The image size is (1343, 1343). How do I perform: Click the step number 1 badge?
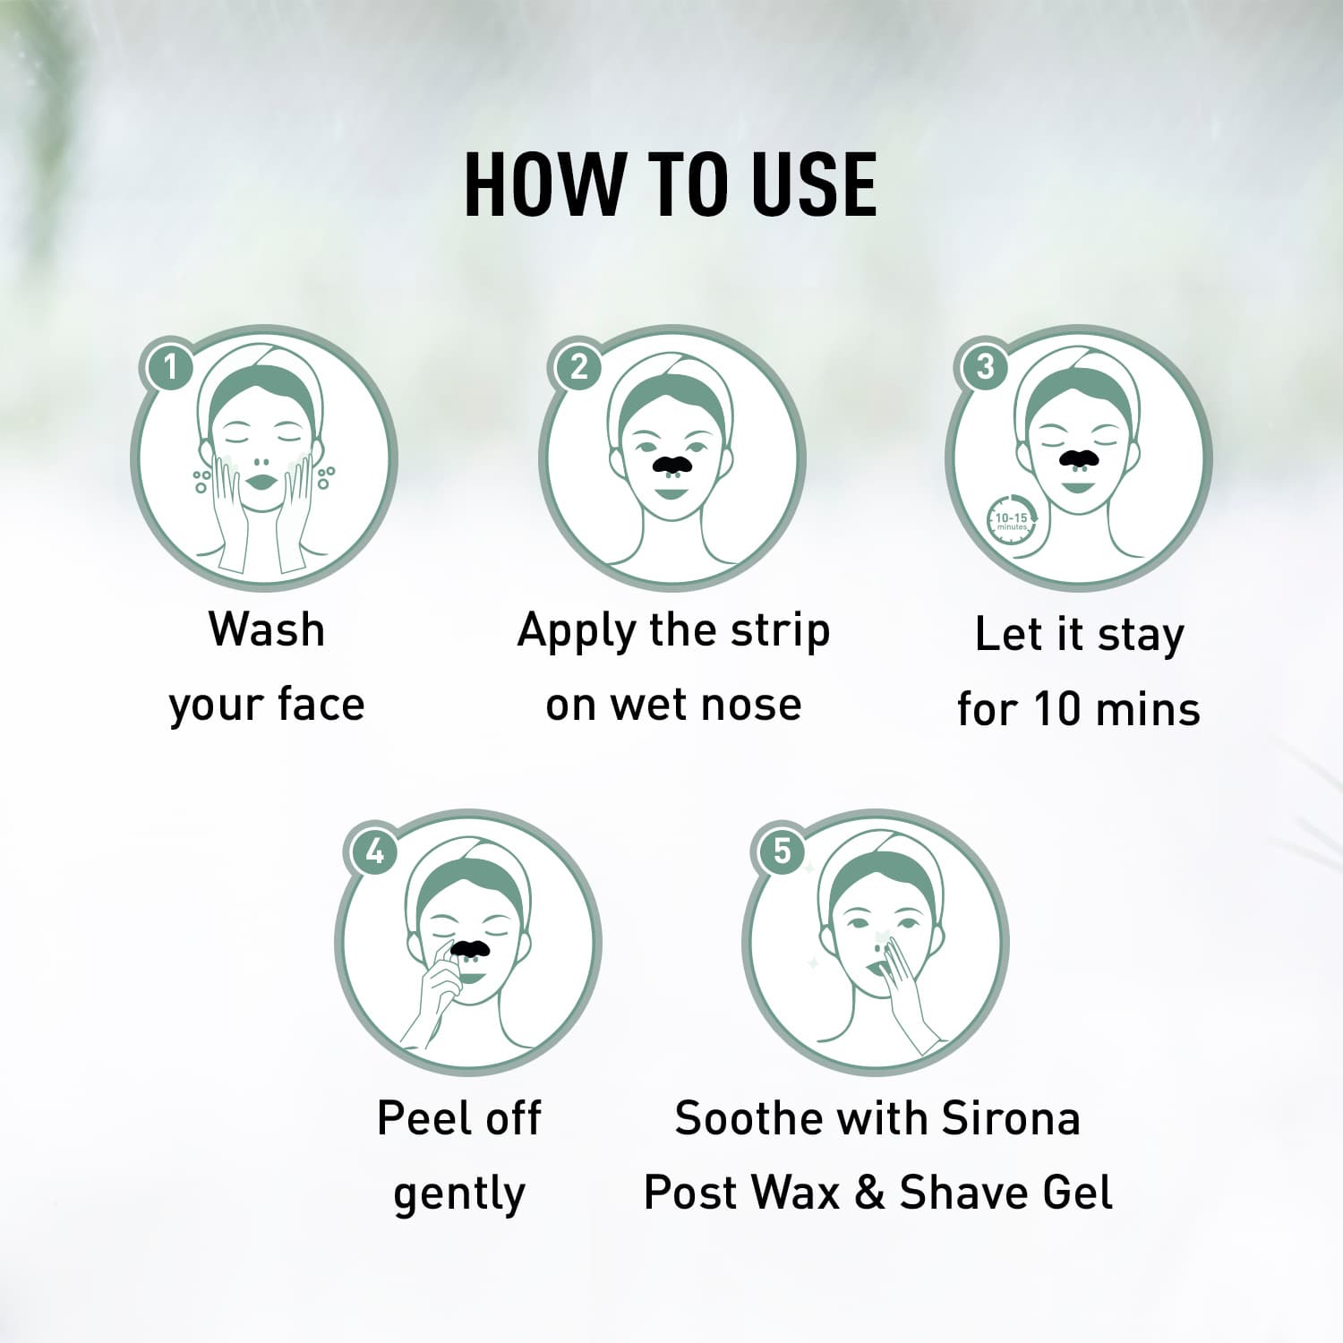point(169,366)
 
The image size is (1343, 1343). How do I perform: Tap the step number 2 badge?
point(578,366)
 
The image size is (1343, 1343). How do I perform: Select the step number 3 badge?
point(985,366)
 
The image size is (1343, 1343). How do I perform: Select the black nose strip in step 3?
point(1078,458)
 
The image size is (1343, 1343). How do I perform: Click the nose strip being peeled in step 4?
point(469,946)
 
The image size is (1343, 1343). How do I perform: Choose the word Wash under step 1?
point(266,629)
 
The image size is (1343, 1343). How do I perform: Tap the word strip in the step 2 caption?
point(780,632)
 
